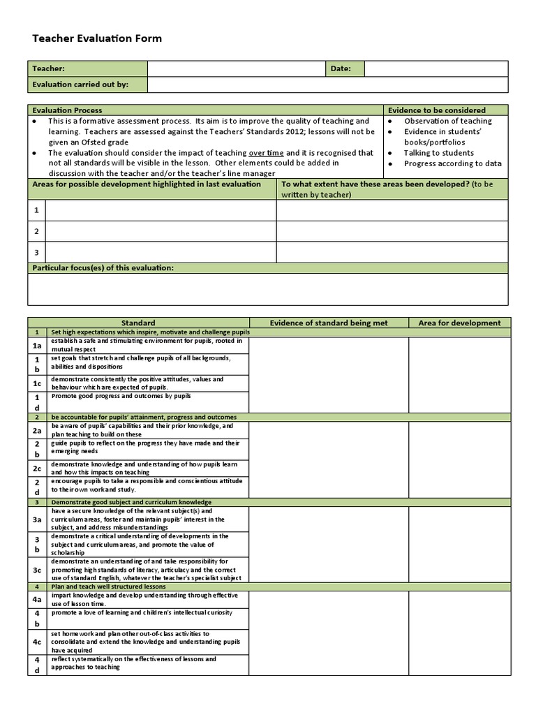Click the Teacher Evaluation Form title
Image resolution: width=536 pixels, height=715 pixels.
tap(97, 38)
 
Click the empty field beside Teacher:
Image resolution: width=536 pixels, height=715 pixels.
tap(235, 68)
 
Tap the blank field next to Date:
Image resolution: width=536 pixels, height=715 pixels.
tap(435, 68)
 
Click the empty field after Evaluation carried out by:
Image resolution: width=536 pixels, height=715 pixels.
tap(327, 84)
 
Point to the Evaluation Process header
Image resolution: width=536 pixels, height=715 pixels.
tap(68, 110)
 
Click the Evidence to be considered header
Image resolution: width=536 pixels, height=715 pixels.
tap(437, 110)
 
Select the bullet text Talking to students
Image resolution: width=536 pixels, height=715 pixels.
tap(438, 153)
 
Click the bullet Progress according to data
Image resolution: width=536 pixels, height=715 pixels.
tap(452, 163)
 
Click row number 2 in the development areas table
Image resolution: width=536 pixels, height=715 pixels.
tap(36, 231)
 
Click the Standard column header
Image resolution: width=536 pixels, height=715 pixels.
tap(138, 323)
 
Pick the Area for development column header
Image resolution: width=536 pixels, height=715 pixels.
tap(459, 323)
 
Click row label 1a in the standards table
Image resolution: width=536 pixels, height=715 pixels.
tap(37, 346)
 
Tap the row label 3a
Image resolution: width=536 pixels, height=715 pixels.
tap(37, 519)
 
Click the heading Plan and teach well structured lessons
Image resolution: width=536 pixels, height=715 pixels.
tap(109, 587)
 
